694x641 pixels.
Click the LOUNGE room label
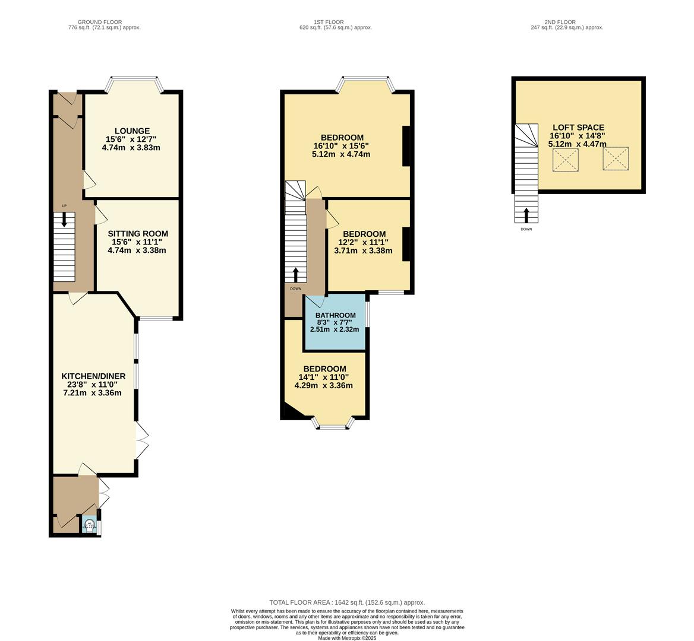tap(132, 131)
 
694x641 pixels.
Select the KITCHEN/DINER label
tap(93, 376)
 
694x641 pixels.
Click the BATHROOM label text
tap(335, 315)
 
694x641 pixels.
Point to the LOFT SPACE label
tap(578, 128)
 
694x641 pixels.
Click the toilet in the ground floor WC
tap(89, 525)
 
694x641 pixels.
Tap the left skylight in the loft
tap(565, 160)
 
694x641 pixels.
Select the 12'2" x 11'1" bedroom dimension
tap(364, 242)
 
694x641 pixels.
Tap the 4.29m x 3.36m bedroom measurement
tap(323, 385)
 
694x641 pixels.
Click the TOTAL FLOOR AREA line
tap(347, 602)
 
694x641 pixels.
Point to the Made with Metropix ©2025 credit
tap(347, 638)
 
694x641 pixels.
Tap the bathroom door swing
tap(314, 300)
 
